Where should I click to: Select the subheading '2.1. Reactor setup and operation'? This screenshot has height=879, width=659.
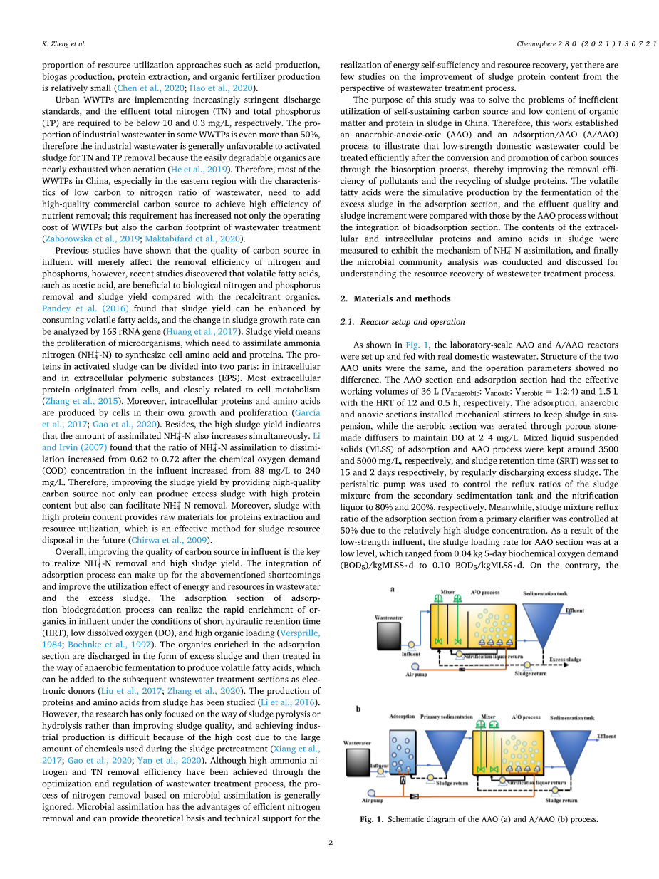(402, 322)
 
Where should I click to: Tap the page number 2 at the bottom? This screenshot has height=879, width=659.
(330, 843)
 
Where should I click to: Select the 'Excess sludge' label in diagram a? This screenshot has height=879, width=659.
(565, 660)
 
